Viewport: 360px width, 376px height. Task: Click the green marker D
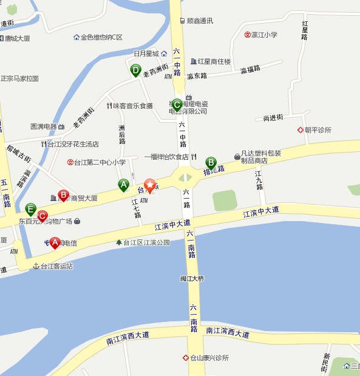click(x=136, y=70)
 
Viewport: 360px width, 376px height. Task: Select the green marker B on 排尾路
click(x=211, y=163)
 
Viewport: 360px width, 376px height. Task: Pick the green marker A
click(x=123, y=184)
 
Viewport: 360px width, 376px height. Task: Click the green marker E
click(x=31, y=209)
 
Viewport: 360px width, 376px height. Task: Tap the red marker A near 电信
click(x=55, y=242)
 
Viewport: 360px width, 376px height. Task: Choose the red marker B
click(x=63, y=195)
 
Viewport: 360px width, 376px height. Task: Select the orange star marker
click(x=149, y=185)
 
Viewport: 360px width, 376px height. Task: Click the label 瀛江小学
click(x=265, y=35)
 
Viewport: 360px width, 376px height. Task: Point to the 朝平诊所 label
click(x=318, y=130)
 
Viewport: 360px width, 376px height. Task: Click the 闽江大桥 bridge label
click(x=192, y=279)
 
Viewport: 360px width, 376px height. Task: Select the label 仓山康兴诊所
click(x=209, y=358)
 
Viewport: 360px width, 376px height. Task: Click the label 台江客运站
click(x=56, y=266)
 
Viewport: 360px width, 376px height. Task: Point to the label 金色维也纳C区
click(x=101, y=37)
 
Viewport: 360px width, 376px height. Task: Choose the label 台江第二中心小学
click(x=100, y=162)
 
